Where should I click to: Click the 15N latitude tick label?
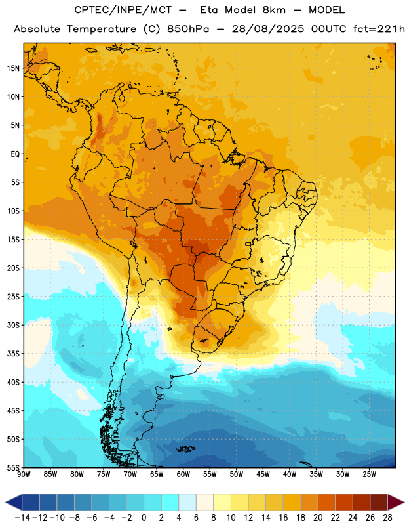[x=13, y=68]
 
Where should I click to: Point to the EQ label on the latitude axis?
[x=15, y=154]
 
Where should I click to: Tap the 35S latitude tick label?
[x=13, y=354]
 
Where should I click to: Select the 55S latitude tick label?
[x=13, y=468]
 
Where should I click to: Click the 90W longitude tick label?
[x=24, y=474]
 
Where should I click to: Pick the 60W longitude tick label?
[x=183, y=474]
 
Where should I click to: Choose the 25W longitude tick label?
[x=369, y=474]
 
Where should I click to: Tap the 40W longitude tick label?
[x=290, y=474]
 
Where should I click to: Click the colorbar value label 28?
[x=387, y=518]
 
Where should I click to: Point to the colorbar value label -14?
[x=23, y=518]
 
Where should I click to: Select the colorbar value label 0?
[x=144, y=518]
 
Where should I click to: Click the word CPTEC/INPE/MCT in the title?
[x=123, y=10]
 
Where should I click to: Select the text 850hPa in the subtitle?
[x=188, y=29]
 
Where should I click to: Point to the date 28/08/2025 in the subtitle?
[x=268, y=29]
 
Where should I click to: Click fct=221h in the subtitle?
[x=379, y=29]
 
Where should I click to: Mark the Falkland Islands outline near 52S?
[x=185, y=449]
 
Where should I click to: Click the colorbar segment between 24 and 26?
[x=361, y=502]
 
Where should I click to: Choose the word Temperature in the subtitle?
[x=102, y=29]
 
